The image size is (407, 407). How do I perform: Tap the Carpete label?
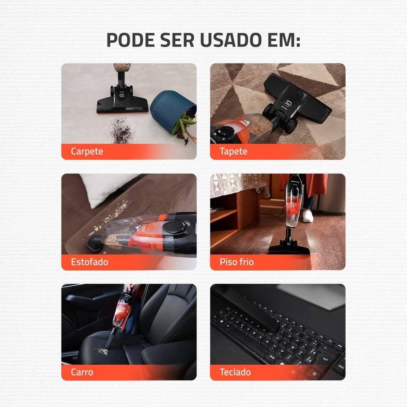pos(87,151)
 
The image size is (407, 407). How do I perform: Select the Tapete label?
pos(233,151)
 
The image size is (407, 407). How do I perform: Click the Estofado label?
pos(90,262)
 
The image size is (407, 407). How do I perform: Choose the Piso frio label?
pos(236,262)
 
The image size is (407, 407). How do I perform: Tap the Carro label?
pos(82,372)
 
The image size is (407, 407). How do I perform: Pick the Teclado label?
pos(235,372)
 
